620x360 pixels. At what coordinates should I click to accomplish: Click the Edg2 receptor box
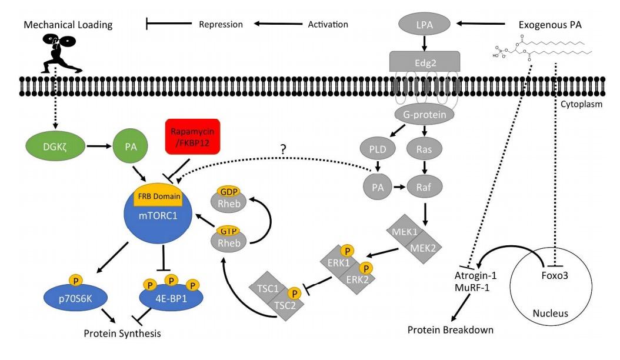425,61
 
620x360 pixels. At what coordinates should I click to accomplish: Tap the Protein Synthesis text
122,334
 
